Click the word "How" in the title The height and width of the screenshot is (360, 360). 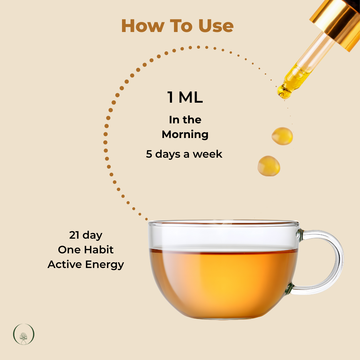143,26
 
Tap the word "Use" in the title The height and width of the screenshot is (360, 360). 216,26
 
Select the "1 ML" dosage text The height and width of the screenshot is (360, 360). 185,97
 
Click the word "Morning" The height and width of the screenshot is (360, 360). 185,135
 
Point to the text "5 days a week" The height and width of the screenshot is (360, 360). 184,154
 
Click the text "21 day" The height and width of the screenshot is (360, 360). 86,235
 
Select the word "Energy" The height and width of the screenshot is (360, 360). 104,265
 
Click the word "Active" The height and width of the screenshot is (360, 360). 65,264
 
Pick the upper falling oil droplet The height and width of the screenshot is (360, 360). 282,136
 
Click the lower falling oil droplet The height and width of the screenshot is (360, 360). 269,166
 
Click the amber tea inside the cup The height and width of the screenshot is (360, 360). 223,282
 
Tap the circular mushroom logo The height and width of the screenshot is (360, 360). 24,334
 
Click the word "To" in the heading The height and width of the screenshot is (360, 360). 181,26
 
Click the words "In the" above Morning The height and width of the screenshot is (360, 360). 185,120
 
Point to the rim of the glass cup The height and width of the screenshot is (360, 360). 223,223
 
